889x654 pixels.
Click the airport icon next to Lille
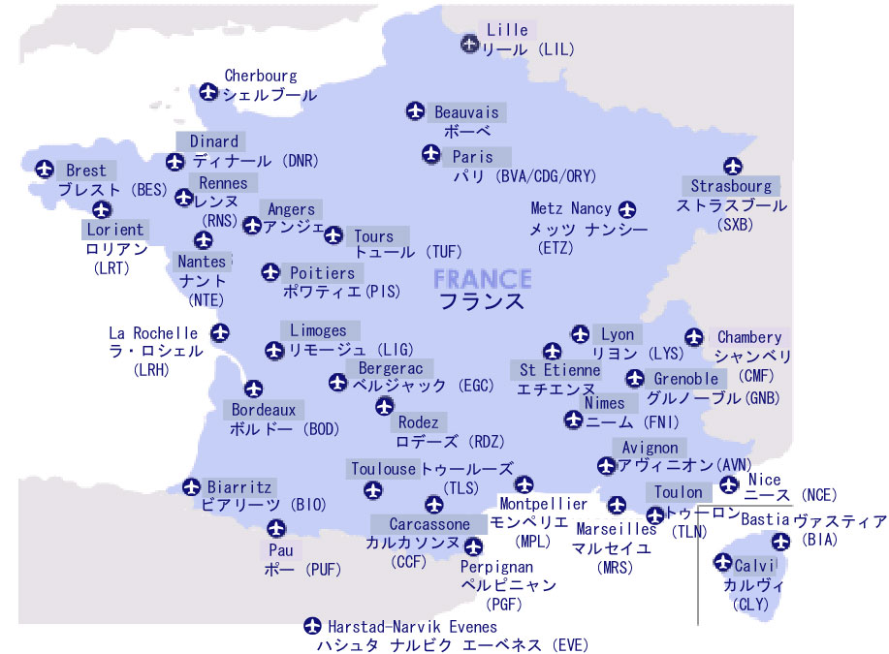click(x=470, y=43)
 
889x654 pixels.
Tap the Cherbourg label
click(x=261, y=76)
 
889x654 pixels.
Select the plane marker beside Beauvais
click(x=416, y=112)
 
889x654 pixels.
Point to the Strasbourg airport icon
click(x=732, y=167)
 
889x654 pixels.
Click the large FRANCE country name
click(x=482, y=279)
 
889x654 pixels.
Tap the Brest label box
click(x=86, y=171)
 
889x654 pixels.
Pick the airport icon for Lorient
click(x=102, y=209)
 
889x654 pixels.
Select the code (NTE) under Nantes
click(x=206, y=299)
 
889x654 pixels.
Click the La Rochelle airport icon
click(x=220, y=333)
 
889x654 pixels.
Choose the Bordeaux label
click(x=263, y=410)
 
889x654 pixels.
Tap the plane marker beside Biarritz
click(x=191, y=486)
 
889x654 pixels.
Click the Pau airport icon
click(x=276, y=528)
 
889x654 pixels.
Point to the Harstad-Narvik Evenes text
click(x=412, y=627)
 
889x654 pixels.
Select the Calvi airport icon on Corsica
click(x=723, y=563)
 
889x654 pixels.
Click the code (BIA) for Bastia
click(x=821, y=540)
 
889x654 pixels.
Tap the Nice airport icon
click(x=729, y=484)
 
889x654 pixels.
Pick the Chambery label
click(x=748, y=337)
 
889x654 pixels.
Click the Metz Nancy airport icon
click(x=627, y=209)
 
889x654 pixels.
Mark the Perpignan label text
click(x=495, y=566)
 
